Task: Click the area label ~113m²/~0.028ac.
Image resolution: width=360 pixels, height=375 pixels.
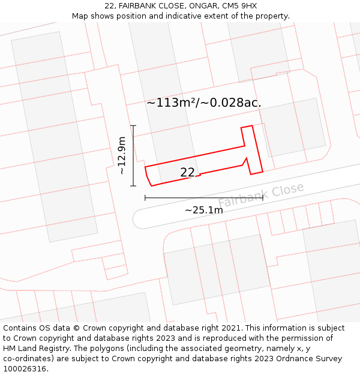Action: tap(204, 103)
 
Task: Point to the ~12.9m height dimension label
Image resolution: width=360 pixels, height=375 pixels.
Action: tap(122, 155)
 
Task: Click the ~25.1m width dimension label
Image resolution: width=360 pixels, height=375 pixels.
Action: tap(203, 210)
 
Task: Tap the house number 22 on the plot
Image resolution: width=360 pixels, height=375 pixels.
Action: tap(187, 172)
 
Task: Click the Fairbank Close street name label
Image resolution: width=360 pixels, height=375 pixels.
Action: tap(261, 195)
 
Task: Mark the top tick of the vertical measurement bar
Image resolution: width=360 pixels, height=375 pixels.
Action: tap(133, 125)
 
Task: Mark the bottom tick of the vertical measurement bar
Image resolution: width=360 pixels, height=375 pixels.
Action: tap(133, 185)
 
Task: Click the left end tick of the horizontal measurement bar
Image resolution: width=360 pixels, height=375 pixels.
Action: tap(145, 197)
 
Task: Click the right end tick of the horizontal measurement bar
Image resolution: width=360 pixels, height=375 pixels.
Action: tap(262, 197)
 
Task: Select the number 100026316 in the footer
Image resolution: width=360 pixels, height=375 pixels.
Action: tap(26, 369)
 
